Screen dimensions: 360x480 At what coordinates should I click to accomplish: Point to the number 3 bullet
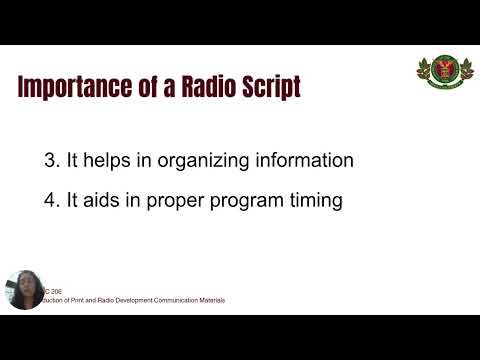point(142,160)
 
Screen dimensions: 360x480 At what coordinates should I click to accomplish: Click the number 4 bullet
point(142,200)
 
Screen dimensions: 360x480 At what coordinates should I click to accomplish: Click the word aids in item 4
point(194,200)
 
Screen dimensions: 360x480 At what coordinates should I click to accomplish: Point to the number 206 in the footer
point(57,291)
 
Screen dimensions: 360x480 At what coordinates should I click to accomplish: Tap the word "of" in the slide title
point(146,87)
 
